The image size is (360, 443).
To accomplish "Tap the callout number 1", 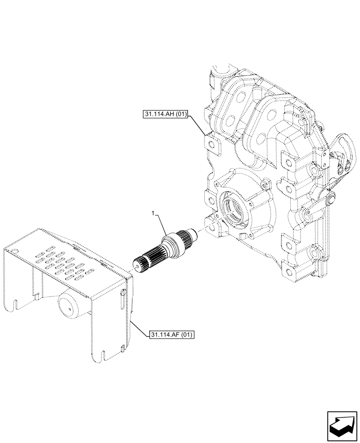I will click(x=153, y=214).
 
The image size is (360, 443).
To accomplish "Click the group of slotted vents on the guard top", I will click(x=62, y=267).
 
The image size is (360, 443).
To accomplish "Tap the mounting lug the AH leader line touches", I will click(x=212, y=145).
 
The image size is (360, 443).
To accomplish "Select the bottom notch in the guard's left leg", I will click(x=16, y=305).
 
